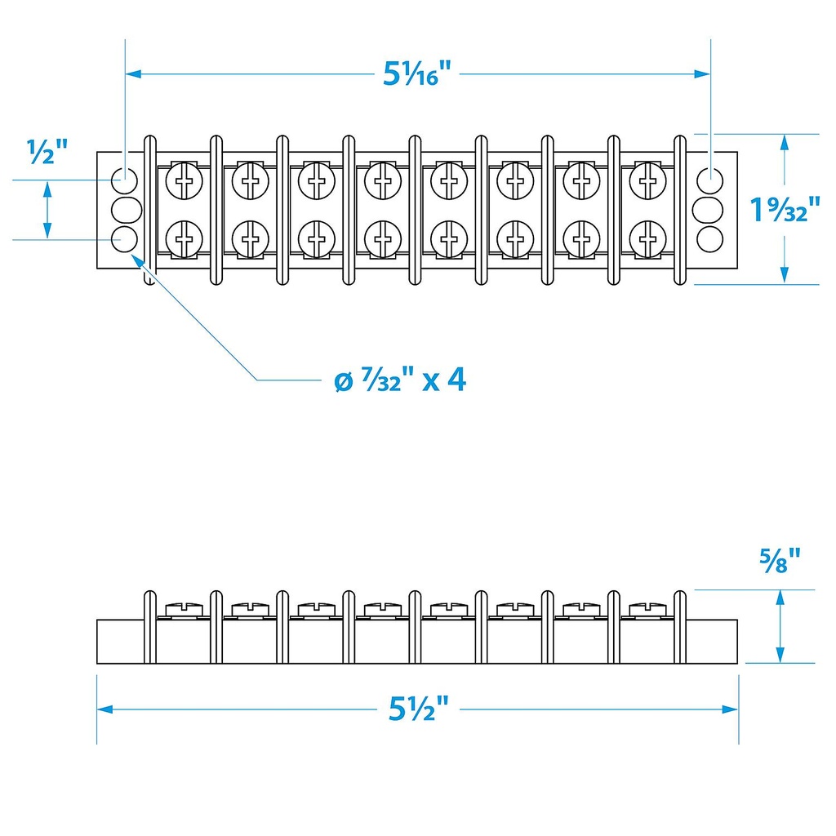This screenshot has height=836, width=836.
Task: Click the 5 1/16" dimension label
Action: click(x=417, y=75)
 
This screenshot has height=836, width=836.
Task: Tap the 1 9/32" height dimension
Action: click(x=785, y=211)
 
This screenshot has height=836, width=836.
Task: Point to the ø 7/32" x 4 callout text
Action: click(x=400, y=380)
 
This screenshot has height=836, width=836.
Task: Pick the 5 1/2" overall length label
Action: click(x=418, y=709)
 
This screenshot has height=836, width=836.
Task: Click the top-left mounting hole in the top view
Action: click(x=124, y=177)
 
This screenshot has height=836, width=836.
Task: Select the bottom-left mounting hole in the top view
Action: click(x=124, y=239)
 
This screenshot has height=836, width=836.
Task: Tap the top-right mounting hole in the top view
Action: click(x=710, y=177)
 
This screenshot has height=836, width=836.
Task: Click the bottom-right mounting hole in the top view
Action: click(x=710, y=239)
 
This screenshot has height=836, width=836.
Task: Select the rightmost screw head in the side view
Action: click(x=647, y=609)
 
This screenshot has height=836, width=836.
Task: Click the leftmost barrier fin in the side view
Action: click(x=149, y=627)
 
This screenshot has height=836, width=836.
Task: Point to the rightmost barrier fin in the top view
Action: click(x=680, y=210)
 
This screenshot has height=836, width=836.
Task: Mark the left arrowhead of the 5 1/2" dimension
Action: click(x=103, y=709)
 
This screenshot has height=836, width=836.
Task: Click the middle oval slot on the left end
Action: click(x=125, y=209)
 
